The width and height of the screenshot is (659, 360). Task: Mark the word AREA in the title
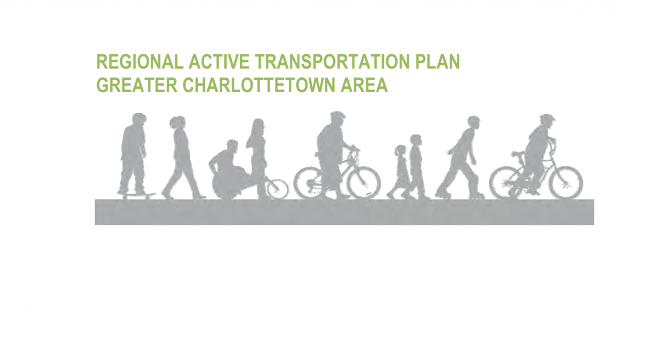pos(366,86)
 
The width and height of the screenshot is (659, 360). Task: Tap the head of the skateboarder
pos(139,119)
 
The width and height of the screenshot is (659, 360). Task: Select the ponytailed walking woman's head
pos(177,123)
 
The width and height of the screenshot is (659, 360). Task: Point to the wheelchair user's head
pos(232,146)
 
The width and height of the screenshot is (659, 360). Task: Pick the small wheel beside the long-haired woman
pos(277,189)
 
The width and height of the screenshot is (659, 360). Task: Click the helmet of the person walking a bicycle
pos(337,117)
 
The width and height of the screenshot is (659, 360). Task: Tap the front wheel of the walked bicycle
pos(364,182)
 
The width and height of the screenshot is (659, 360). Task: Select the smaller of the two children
pos(399,170)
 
